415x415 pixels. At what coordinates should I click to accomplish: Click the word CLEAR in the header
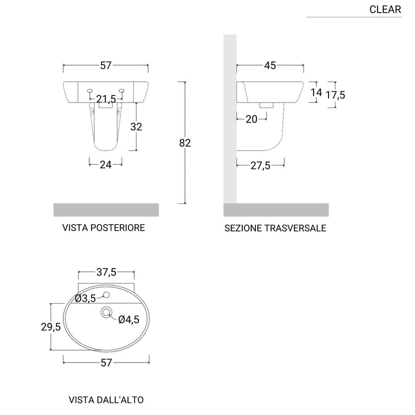386,9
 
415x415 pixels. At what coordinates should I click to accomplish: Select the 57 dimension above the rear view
105,66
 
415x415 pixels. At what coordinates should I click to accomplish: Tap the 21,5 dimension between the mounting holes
106,99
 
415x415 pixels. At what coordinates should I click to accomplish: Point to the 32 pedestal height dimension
136,126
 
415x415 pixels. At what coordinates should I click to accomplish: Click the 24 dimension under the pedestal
105,165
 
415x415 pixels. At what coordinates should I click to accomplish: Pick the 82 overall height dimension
184,143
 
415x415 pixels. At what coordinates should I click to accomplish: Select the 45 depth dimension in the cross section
270,66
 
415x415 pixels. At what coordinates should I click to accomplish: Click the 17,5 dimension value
335,95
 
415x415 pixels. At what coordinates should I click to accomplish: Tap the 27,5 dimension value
261,165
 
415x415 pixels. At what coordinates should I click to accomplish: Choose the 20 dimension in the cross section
251,119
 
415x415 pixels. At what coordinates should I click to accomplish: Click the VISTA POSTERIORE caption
103,228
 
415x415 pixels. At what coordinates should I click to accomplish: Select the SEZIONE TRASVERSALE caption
276,228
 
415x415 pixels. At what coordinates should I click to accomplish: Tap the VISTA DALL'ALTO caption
106,399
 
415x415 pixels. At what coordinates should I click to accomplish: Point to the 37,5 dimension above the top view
105,272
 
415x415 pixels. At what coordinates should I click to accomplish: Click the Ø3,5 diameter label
85,298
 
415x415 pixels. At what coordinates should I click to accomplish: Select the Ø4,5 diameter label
129,320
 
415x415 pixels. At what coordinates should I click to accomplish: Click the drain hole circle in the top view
106,312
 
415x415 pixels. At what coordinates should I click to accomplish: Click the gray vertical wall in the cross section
229,115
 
